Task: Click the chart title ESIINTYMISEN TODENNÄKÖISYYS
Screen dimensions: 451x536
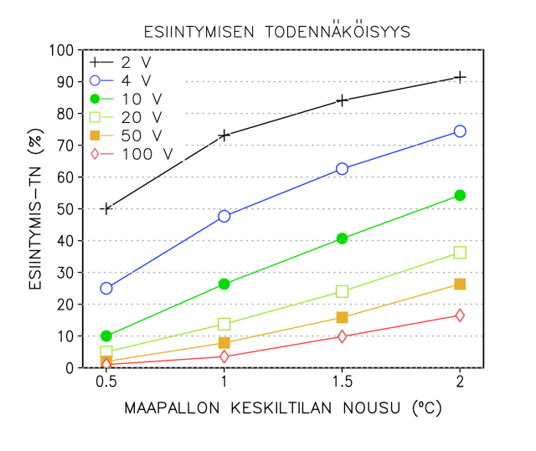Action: click(x=276, y=32)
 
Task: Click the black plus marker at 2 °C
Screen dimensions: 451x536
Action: click(x=460, y=77)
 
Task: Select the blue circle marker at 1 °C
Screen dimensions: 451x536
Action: click(x=224, y=216)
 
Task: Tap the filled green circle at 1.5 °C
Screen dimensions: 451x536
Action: click(x=342, y=238)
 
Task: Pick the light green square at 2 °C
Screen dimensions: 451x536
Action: click(x=460, y=253)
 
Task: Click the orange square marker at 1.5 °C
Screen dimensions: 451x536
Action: click(x=342, y=317)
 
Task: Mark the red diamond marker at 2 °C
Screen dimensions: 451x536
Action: click(x=460, y=315)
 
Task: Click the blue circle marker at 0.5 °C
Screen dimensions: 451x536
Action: click(x=106, y=288)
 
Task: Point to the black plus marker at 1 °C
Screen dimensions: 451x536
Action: click(x=224, y=136)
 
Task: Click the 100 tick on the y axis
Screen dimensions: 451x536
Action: click(x=62, y=50)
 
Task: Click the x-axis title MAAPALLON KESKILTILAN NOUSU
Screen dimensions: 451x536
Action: click(x=282, y=409)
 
